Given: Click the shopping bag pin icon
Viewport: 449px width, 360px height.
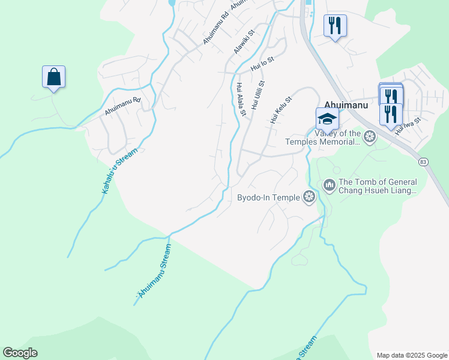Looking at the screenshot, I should (x=53, y=77).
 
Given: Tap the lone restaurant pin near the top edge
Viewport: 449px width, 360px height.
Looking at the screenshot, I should (x=335, y=26).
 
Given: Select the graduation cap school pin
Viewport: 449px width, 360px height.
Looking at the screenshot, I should (x=328, y=118).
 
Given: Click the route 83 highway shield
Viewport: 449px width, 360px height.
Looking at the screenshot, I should (x=424, y=161).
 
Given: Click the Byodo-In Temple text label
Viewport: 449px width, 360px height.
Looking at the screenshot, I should (x=268, y=197).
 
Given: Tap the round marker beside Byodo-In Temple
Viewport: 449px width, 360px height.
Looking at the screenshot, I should (x=309, y=197).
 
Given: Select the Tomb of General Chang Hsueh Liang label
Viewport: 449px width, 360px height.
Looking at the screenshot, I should (x=378, y=186).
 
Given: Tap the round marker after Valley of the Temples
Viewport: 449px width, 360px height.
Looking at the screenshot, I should (x=370, y=137).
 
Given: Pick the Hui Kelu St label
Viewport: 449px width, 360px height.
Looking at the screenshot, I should (x=280, y=110).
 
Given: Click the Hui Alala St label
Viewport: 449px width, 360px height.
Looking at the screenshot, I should (x=241, y=100).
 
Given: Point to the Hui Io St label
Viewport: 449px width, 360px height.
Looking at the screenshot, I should (x=262, y=64).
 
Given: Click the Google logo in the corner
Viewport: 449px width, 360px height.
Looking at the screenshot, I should (x=20, y=353).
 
